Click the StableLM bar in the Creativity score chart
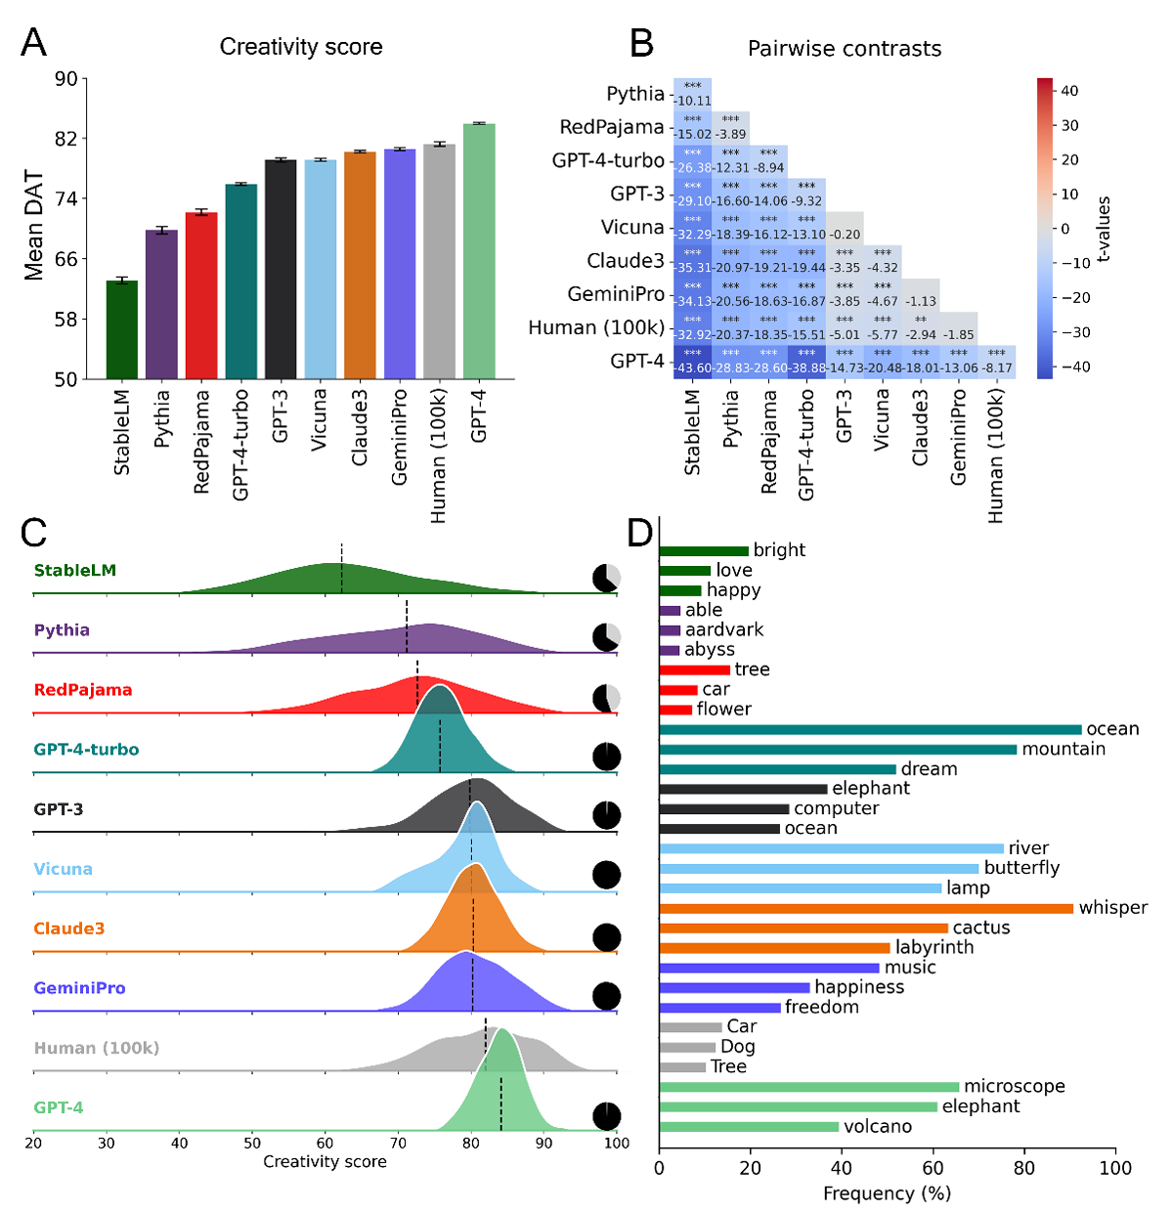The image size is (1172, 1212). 122,329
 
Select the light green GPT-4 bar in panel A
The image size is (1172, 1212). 479,251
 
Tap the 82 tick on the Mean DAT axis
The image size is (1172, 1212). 65,139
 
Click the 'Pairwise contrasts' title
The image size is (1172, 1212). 844,49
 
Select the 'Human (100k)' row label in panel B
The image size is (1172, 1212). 595,328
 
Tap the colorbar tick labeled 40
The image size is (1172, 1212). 1069,91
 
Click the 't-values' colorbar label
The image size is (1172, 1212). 1104,229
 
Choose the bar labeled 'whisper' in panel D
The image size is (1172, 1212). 866,909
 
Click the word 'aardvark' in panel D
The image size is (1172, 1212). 724,630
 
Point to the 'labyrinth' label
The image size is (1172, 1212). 933,947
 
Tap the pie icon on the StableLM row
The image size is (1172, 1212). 607,578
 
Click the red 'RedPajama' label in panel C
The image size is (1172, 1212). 83,690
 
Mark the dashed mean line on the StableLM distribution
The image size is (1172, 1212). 341,569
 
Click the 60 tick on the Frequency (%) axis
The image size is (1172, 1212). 933,1168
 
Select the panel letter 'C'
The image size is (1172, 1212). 33,533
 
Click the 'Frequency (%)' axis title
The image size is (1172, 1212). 887,1193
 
